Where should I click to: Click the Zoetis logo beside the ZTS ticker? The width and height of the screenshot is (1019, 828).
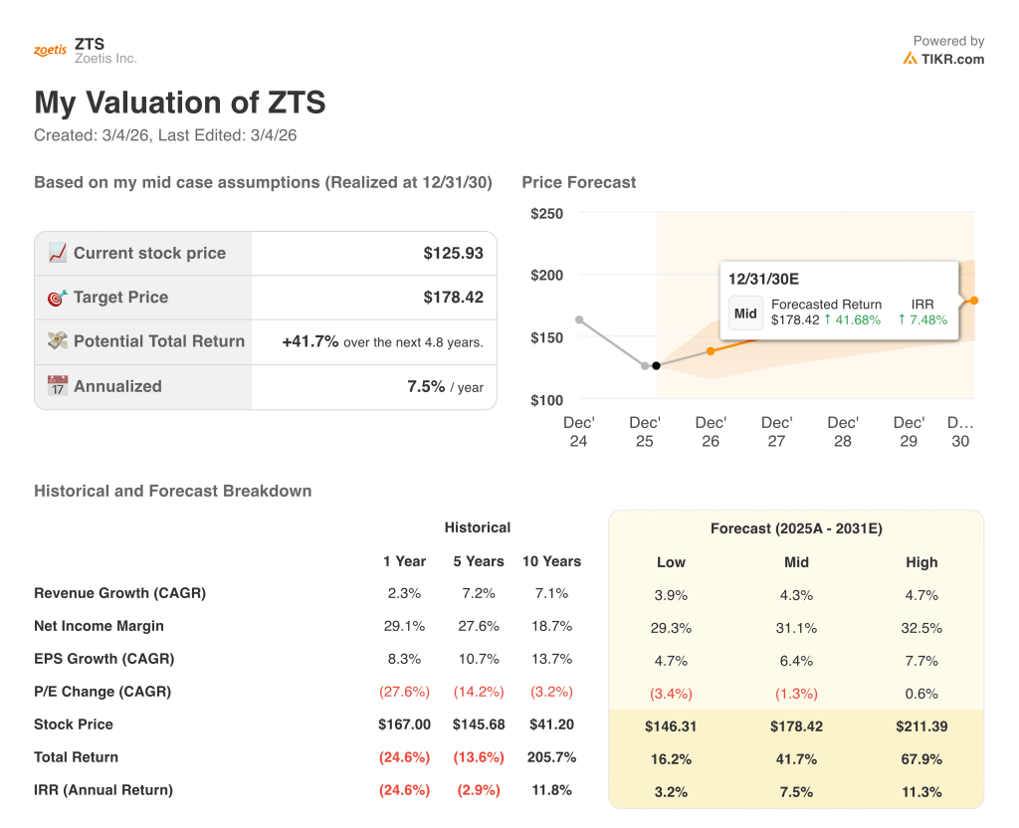pyautogui.click(x=50, y=51)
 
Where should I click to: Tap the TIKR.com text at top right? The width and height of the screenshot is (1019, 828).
pyautogui.click(x=952, y=59)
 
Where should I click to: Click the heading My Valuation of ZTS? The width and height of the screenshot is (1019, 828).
pyautogui.click(x=180, y=103)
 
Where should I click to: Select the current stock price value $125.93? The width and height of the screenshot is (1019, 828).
pyautogui.click(x=453, y=253)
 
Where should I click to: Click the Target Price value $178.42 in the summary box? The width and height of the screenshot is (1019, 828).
pyautogui.click(x=453, y=297)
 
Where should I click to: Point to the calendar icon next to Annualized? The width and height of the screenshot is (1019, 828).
pyautogui.click(x=58, y=386)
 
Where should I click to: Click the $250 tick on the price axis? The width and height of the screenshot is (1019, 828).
pyautogui.click(x=546, y=213)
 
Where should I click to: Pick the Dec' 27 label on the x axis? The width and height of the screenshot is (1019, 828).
pyautogui.click(x=776, y=431)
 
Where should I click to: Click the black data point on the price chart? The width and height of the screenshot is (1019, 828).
pyautogui.click(x=656, y=366)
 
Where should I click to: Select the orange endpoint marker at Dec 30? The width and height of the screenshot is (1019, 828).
pyautogui.click(x=974, y=301)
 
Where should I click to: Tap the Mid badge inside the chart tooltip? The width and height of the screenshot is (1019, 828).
pyautogui.click(x=745, y=312)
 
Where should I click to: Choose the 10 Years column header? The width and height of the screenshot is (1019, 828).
pyautogui.click(x=551, y=561)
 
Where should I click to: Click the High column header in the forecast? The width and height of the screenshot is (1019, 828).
pyautogui.click(x=921, y=562)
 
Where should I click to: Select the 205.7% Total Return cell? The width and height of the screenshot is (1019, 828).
pyautogui.click(x=551, y=757)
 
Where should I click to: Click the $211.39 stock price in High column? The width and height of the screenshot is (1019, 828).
pyautogui.click(x=921, y=726)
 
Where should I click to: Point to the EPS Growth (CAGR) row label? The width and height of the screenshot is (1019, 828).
pyautogui.click(x=103, y=659)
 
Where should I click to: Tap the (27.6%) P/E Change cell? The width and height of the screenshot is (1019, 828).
pyautogui.click(x=404, y=692)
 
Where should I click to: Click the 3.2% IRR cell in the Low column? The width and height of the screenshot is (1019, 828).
pyautogui.click(x=672, y=792)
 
